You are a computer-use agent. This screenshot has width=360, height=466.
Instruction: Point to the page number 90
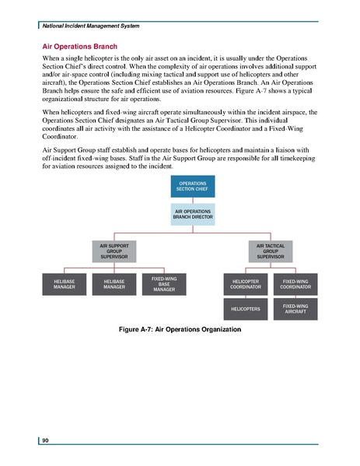click(47, 441)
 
